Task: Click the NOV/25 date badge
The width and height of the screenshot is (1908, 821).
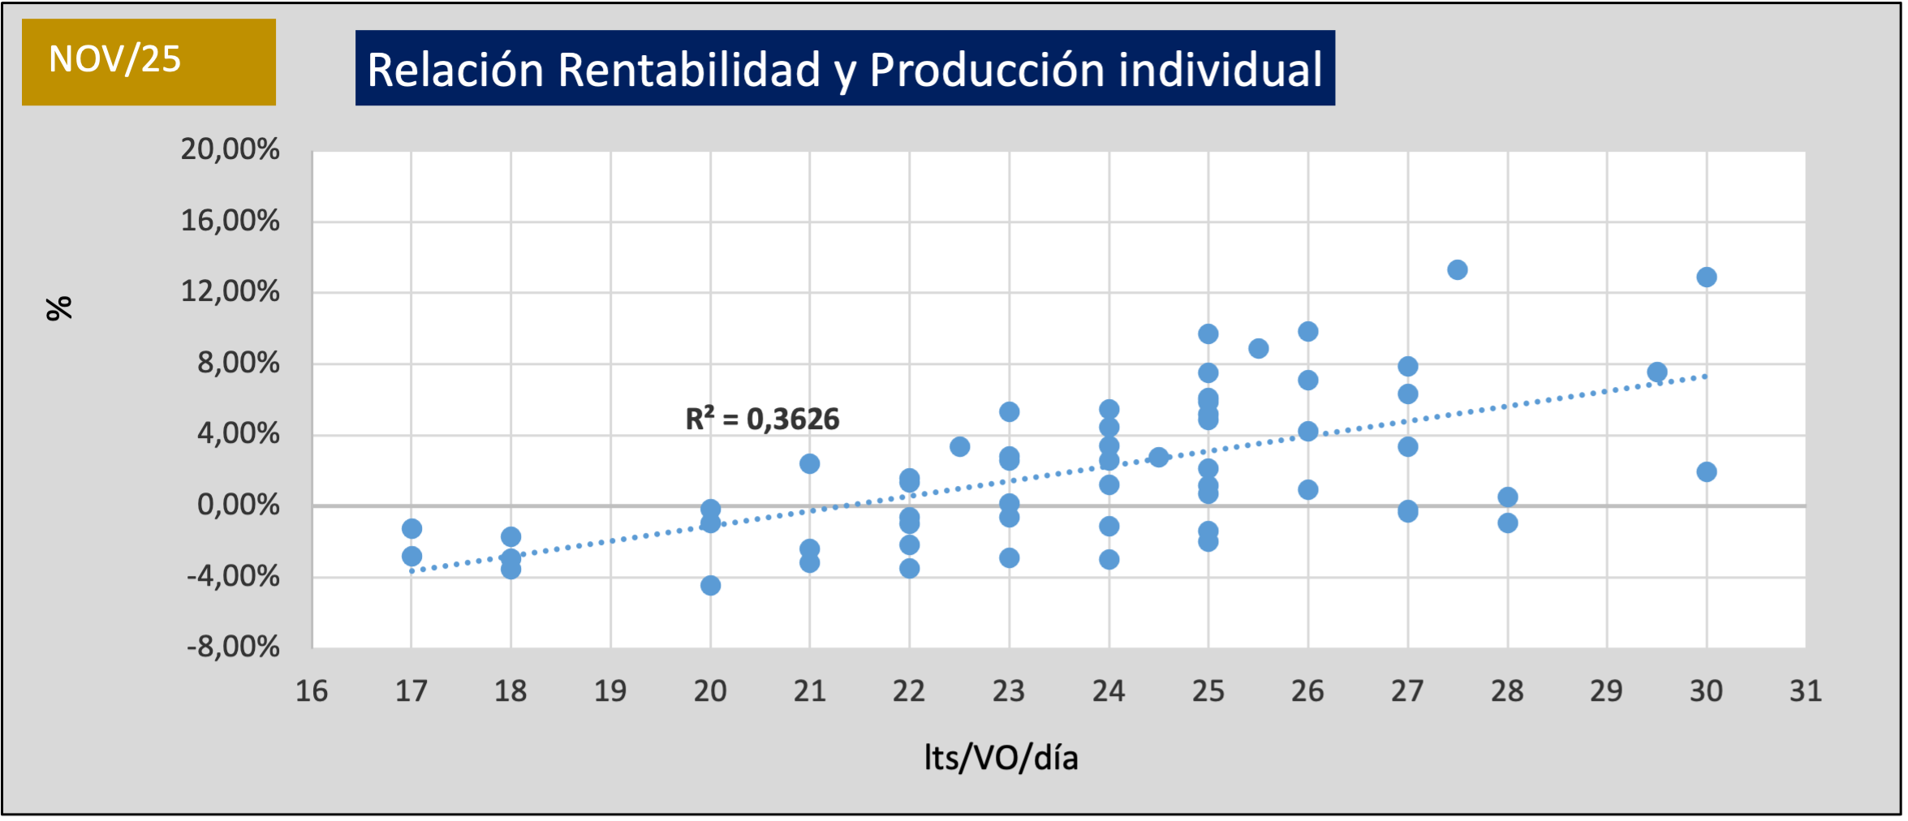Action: [149, 62]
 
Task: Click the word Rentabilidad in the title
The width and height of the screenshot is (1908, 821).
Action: [689, 70]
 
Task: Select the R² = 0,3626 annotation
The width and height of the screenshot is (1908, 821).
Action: [762, 419]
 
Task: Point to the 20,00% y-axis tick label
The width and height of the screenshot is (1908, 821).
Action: [230, 149]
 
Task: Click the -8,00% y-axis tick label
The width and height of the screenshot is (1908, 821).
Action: [233, 647]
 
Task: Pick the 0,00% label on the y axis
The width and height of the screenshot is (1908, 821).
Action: [238, 505]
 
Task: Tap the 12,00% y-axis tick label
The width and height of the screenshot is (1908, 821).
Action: [230, 291]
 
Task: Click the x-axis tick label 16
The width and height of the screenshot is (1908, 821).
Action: [312, 691]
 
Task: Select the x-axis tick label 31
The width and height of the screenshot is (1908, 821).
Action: [1806, 691]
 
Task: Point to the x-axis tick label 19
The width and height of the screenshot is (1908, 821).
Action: [610, 691]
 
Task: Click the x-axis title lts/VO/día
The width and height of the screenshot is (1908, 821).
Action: [1001, 758]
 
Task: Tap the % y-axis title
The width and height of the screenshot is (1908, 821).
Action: [59, 308]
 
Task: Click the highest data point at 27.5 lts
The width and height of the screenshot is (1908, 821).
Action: [1458, 270]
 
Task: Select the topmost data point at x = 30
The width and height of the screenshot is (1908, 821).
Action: [1707, 277]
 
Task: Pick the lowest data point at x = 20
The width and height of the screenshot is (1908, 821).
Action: [710, 586]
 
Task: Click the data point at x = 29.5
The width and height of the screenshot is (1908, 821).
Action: [1657, 372]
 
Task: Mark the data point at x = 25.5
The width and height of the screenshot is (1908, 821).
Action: [1259, 349]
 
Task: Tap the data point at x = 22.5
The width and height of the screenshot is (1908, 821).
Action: [960, 447]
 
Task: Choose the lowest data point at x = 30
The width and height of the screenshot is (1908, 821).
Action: [1707, 472]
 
